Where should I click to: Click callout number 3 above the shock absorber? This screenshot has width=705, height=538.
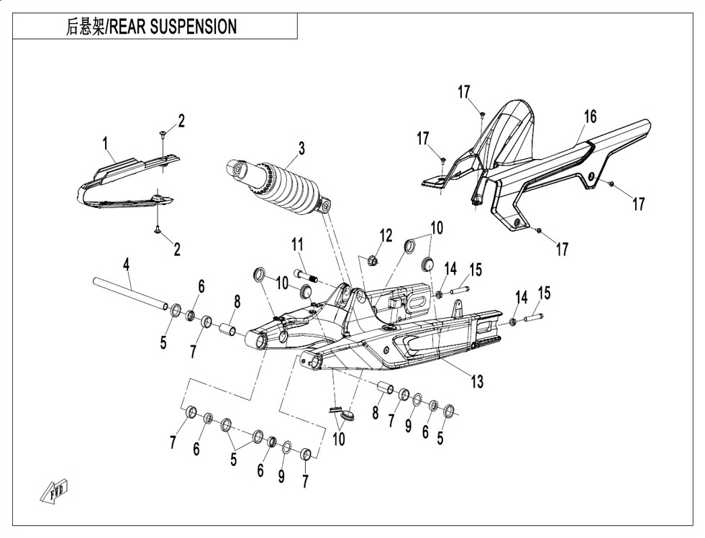coord(302,148)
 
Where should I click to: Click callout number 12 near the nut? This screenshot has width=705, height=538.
coord(386,234)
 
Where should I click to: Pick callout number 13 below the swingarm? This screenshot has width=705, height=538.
coord(477,382)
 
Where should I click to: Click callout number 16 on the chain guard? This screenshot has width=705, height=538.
coord(590,117)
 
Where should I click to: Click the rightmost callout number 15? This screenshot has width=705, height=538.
coord(545,294)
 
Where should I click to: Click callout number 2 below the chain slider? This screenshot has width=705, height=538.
coord(176,250)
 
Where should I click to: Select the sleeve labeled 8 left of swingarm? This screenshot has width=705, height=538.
coord(229,332)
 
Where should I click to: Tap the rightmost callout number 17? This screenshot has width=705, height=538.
coord(638,204)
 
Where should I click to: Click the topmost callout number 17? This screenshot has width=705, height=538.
coord(464,91)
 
